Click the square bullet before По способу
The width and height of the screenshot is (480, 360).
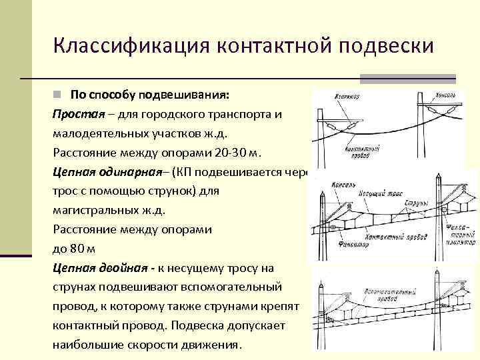pos(58,93)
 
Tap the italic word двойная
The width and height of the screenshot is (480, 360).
pos(123,268)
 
